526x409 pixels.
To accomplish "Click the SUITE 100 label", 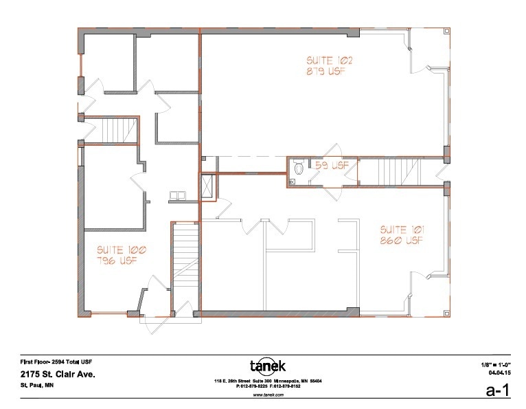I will pos(115,250).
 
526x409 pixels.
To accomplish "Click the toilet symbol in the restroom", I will pos(298,169).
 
